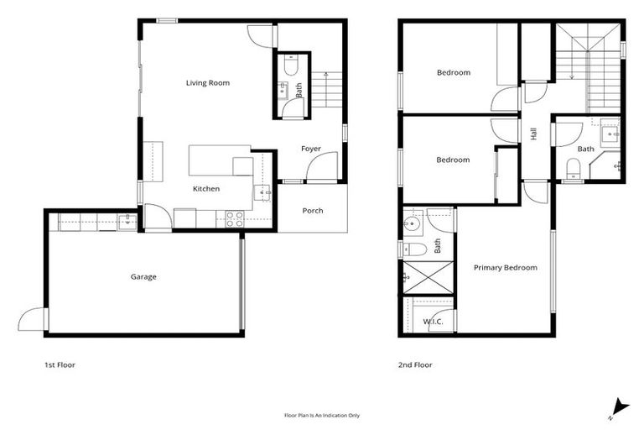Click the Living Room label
tap(207, 83)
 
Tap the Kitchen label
tap(206, 189)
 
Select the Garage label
tap(143, 276)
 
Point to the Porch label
tap(313, 211)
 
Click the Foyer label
tap(311, 149)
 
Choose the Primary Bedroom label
tap(505, 268)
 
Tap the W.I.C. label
tap(433, 322)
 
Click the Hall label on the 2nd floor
tap(534, 134)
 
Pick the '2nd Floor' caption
tap(416, 365)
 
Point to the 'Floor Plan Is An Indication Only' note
tap(322, 415)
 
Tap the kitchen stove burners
tap(235, 218)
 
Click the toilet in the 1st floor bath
tap(290, 65)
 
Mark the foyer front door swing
tap(322, 167)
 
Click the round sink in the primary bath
tap(411, 223)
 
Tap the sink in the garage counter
tap(127, 221)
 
